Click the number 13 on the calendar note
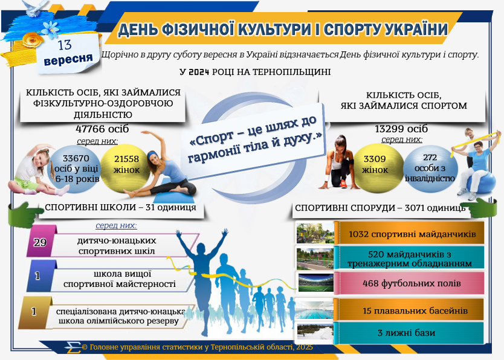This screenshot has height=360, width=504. [65, 45]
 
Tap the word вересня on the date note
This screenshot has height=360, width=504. [68, 59]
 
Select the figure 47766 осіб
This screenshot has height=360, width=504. [102, 129]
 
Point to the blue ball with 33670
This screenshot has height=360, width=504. [74, 169]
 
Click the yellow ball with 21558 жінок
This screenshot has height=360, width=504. [125, 168]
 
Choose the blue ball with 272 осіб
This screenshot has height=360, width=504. [430, 169]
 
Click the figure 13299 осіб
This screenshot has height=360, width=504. [401, 129]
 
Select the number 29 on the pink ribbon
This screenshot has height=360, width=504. [40, 242]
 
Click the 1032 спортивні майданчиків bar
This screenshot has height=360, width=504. [409, 233]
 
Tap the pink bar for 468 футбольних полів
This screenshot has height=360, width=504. [409, 283]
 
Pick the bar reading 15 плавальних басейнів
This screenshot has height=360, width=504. [409, 310]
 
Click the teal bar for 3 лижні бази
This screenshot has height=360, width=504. [409, 333]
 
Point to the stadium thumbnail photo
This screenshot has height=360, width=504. [315, 283]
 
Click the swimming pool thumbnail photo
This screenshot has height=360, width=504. [314, 309]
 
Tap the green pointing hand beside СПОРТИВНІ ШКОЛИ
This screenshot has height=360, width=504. [25, 214]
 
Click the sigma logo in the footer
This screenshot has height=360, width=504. [73, 347]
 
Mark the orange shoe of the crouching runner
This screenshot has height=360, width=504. [343, 184]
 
